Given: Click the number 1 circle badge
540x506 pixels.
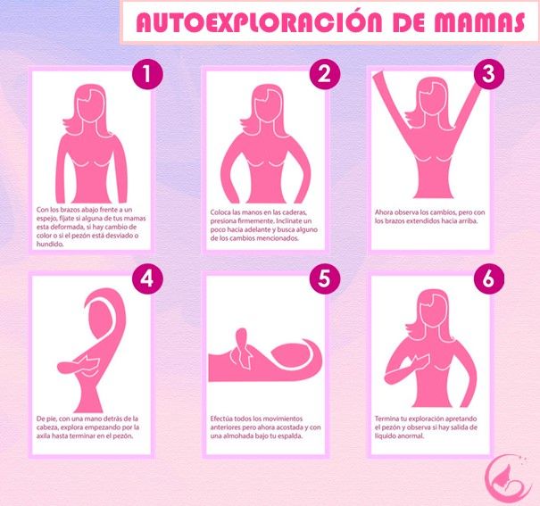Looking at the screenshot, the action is tap(147, 74).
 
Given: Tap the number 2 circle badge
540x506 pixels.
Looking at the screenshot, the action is tap(325, 74).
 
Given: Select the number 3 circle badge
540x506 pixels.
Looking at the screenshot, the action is tap(489, 74).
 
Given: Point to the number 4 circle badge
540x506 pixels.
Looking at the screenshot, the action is tap(147, 278).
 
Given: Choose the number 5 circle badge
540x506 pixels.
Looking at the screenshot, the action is tap(325, 278).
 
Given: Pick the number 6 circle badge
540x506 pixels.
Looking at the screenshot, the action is tap(489, 278).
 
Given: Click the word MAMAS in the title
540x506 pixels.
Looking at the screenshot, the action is tap(479, 22).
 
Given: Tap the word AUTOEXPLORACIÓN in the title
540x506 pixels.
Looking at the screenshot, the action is tap(259, 21).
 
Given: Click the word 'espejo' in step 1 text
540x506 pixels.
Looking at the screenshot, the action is tap(46, 219).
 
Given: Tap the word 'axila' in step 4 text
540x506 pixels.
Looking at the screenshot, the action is tap(44, 436).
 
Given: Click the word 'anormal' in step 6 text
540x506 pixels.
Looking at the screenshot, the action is tap(411, 436).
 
